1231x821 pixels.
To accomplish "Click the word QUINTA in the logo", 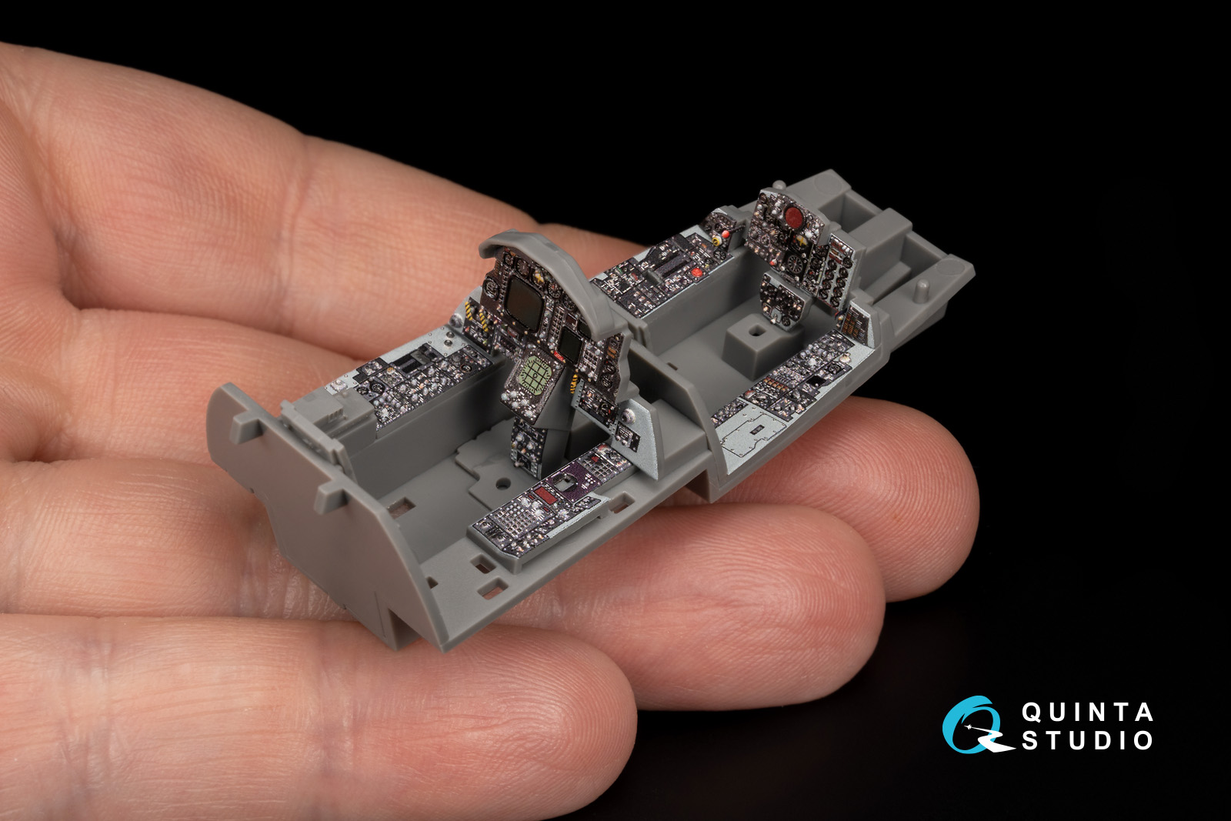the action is click(x=1087, y=713).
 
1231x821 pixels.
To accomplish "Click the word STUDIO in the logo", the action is click(x=1087, y=740).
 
